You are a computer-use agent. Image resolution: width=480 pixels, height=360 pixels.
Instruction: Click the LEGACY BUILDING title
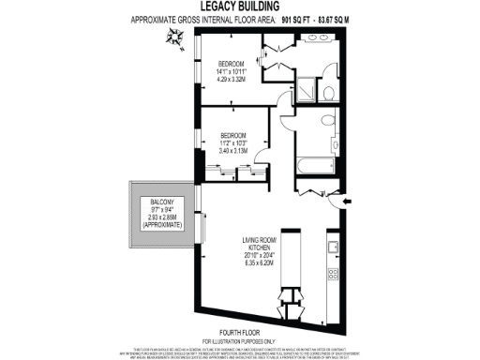pos(239,7)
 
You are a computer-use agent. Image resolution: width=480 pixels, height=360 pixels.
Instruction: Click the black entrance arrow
pos(347,201)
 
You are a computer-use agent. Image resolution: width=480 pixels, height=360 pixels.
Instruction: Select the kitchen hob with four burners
pos(332,274)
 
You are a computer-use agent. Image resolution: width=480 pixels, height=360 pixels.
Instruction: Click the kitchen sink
pos(332,247)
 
